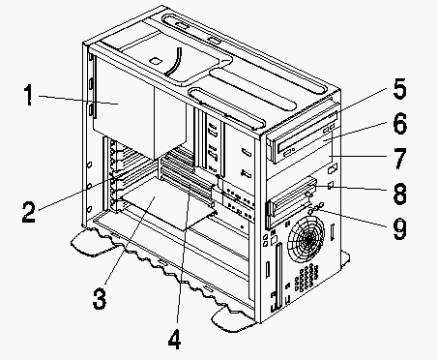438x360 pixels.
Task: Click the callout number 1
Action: [29, 95]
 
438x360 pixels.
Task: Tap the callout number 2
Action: [28, 211]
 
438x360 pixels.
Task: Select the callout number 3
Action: [100, 298]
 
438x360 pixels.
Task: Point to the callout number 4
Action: [174, 339]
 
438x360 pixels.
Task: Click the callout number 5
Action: [399, 88]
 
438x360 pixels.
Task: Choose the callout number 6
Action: [400, 124]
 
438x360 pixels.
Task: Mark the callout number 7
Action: [400, 159]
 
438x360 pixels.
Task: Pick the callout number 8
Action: [400, 194]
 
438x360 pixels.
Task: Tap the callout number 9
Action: [400, 228]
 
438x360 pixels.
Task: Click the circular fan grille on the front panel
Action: [306, 238]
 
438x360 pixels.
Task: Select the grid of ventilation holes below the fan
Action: [307, 277]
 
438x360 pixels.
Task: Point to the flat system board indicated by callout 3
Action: [167, 203]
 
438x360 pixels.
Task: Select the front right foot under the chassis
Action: [232, 319]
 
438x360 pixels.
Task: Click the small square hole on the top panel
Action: [156, 60]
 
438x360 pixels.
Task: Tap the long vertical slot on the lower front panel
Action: [277, 276]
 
